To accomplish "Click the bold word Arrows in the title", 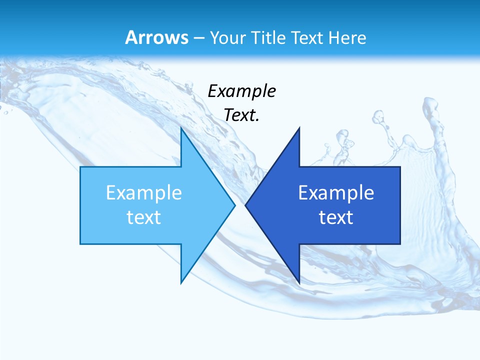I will click(x=157, y=37).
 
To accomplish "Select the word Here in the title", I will click(x=348, y=37).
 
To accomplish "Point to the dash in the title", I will click(x=198, y=38).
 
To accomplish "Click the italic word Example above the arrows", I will click(x=241, y=91).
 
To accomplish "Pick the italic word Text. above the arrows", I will click(x=241, y=115).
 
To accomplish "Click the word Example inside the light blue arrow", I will click(x=144, y=193).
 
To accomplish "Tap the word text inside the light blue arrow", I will click(x=144, y=217).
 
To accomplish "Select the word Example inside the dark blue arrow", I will click(x=336, y=193).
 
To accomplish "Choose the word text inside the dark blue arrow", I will click(x=336, y=217).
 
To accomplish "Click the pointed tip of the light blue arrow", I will click(x=235, y=205).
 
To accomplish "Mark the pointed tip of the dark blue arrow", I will click(x=245, y=205).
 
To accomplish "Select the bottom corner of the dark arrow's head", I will click(x=299, y=283).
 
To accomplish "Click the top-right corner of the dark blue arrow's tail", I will click(x=400, y=167).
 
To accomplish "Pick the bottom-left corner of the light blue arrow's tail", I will click(x=80, y=244).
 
